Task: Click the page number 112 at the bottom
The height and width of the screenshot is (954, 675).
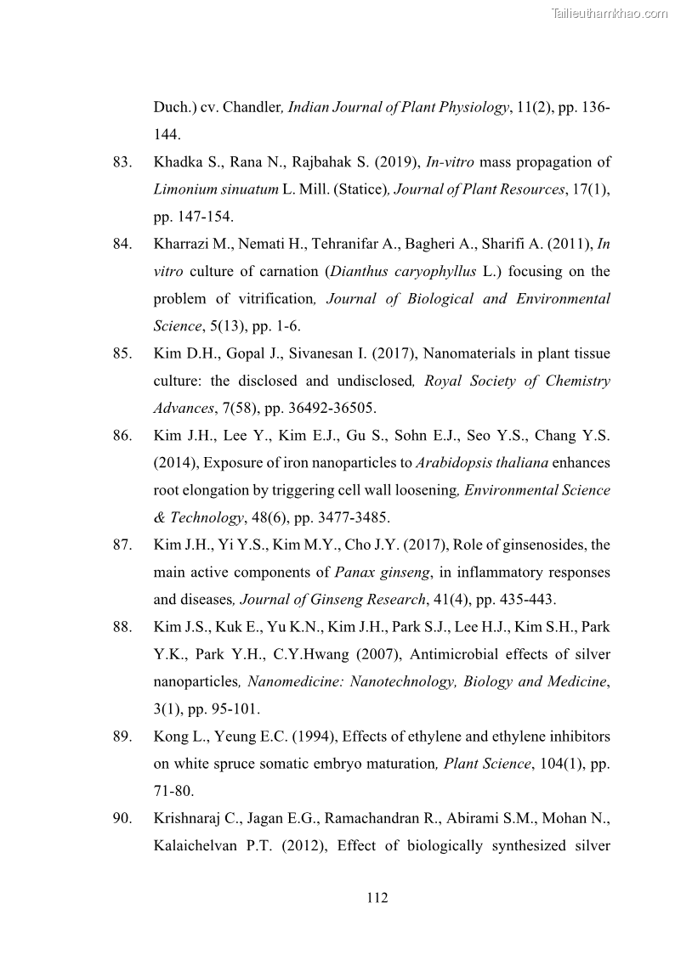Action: pos(377,898)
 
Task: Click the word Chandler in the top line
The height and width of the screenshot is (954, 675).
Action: pos(252,108)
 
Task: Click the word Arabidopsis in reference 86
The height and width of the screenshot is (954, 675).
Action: pos(452,463)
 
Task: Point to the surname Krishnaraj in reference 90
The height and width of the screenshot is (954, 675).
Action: pos(192,818)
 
